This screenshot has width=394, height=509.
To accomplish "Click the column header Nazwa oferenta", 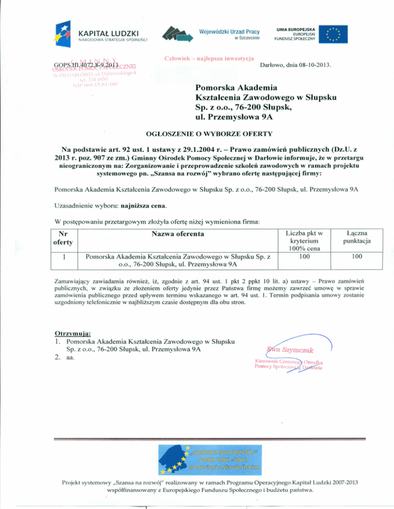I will point(178,234).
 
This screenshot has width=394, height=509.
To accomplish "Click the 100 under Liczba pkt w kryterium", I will point(304,256).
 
